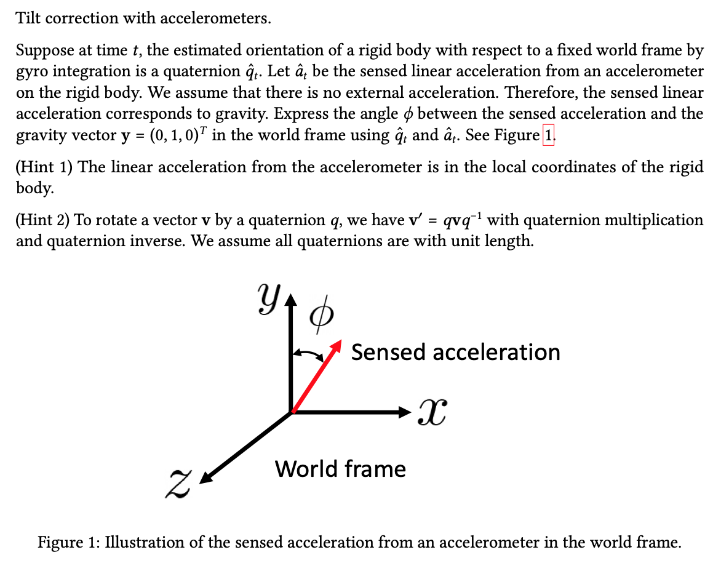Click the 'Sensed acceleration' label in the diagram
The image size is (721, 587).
[455, 353]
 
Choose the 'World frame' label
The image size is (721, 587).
[340, 469]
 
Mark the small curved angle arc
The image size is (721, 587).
[308, 354]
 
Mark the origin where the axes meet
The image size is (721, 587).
[292, 412]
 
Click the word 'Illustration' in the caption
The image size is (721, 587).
[143, 543]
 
